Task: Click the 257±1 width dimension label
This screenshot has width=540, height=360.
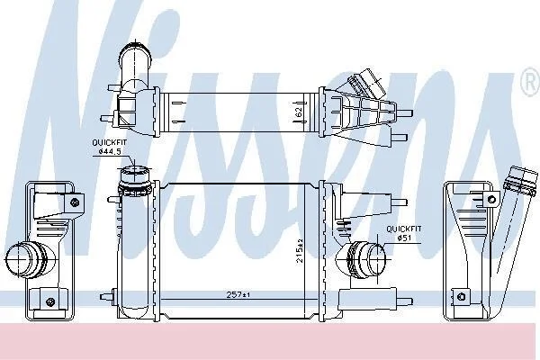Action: point(238,294)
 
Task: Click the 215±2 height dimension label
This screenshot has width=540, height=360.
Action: point(300,251)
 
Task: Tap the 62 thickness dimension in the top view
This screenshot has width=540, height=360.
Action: point(299,112)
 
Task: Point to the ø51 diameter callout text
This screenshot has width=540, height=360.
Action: point(404,238)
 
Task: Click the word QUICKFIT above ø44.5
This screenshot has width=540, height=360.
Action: point(110,142)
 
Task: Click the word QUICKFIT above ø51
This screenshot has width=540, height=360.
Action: point(403,229)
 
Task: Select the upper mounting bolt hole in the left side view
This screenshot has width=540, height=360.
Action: point(75,202)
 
